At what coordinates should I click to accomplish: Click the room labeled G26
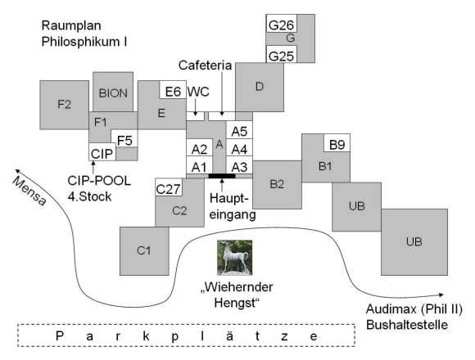tap(282, 23)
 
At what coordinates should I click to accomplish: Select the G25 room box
tap(282, 55)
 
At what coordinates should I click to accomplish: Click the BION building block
tap(113, 92)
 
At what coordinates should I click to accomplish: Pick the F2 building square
tap(64, 105)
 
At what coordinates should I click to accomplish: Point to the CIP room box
tap(102, 152)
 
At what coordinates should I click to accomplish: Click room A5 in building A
tap(239, 130)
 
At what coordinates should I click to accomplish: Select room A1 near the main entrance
tap(199, 165)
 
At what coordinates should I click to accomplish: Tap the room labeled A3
tap(239, 165)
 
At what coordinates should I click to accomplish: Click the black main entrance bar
tap(222, 176)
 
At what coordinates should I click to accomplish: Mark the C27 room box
tap(168, 187)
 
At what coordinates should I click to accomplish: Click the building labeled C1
tap(144, 251)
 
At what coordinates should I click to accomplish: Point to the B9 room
tap(337, 143)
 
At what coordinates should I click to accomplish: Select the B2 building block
tap(277, 185)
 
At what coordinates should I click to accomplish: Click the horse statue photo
tap(235, 258)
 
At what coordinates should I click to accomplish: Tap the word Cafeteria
tap(205, 65)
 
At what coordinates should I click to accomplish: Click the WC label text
tap(198, 92)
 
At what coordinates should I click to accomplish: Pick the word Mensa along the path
tap(29, 191)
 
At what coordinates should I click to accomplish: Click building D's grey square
tap(260, 87)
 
